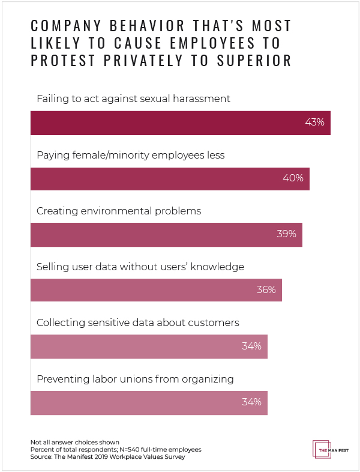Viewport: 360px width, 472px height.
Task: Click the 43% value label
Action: pyautogui.click(x=314, y=122)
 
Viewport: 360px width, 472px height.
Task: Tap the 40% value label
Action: pyautogui.click(x=293, y=178)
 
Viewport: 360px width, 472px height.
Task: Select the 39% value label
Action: pyautogui.click(x=286, y=234)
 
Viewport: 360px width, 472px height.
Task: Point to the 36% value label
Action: pyautogui.click(x=266, y=290)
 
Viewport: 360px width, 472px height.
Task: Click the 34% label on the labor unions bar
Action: pyautogui.click(x=251, y=402)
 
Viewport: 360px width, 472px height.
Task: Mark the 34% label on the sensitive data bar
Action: pyautogui.click(x=251, y=346)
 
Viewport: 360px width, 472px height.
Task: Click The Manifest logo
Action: pyautogui.click(x=331, y=450)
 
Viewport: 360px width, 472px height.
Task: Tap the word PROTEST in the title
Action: pyautogui.click(x=68, y=61)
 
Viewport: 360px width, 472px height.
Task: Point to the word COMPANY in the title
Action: pyautogui.click(x=64, y=26)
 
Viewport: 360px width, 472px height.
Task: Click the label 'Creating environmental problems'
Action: pyautogui.click(x=119, y=211)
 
